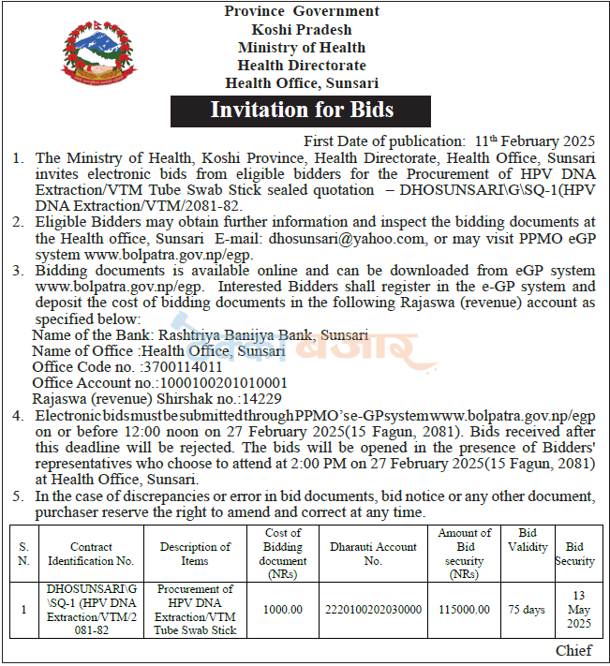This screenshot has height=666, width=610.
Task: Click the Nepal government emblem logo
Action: click(93, 55)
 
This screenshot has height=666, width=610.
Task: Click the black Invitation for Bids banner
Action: click(302, 110)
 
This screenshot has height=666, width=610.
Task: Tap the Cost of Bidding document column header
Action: click(283, 546)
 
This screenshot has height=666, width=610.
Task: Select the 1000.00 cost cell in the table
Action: click(283, 609)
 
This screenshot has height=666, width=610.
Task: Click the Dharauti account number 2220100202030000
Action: click(374, 609)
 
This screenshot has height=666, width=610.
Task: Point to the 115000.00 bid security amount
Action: click(465, 609)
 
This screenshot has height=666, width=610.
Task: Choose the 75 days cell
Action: click(528, 609)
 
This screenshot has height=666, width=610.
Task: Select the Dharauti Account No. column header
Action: click(374, 554)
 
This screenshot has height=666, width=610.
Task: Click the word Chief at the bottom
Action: click(573, 650)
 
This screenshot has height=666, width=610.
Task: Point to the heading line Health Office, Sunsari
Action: click(302, 82)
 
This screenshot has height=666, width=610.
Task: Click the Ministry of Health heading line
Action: click(302, 47)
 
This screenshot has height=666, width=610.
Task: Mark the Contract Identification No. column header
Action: click(90, 554)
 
